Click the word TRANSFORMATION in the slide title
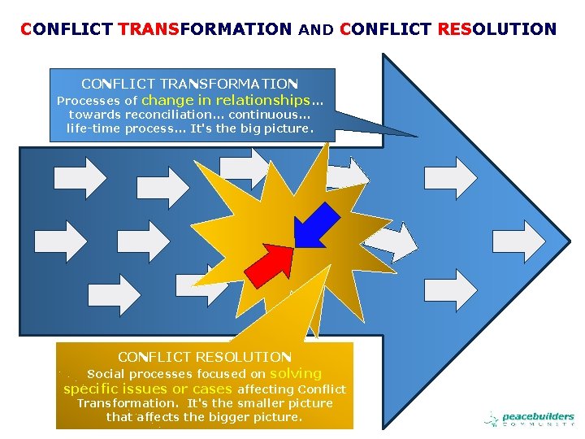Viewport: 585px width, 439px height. pyautogui.click(x=204, y=29)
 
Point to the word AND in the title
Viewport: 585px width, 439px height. pyautogui.click(x=316, y=30)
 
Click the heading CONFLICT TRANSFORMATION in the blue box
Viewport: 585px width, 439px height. pyautogui.click(x=190, y=84)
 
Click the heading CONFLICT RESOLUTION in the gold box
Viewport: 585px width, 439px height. pyautogui.click(x=204, y=357)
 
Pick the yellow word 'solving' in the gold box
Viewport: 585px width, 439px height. pyautogui.click(x=296, y=373)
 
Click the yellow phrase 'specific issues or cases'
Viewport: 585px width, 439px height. pyautogui.click(x=148, y=389)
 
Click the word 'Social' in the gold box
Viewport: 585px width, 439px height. pyautogui.click(x=105, y=374)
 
